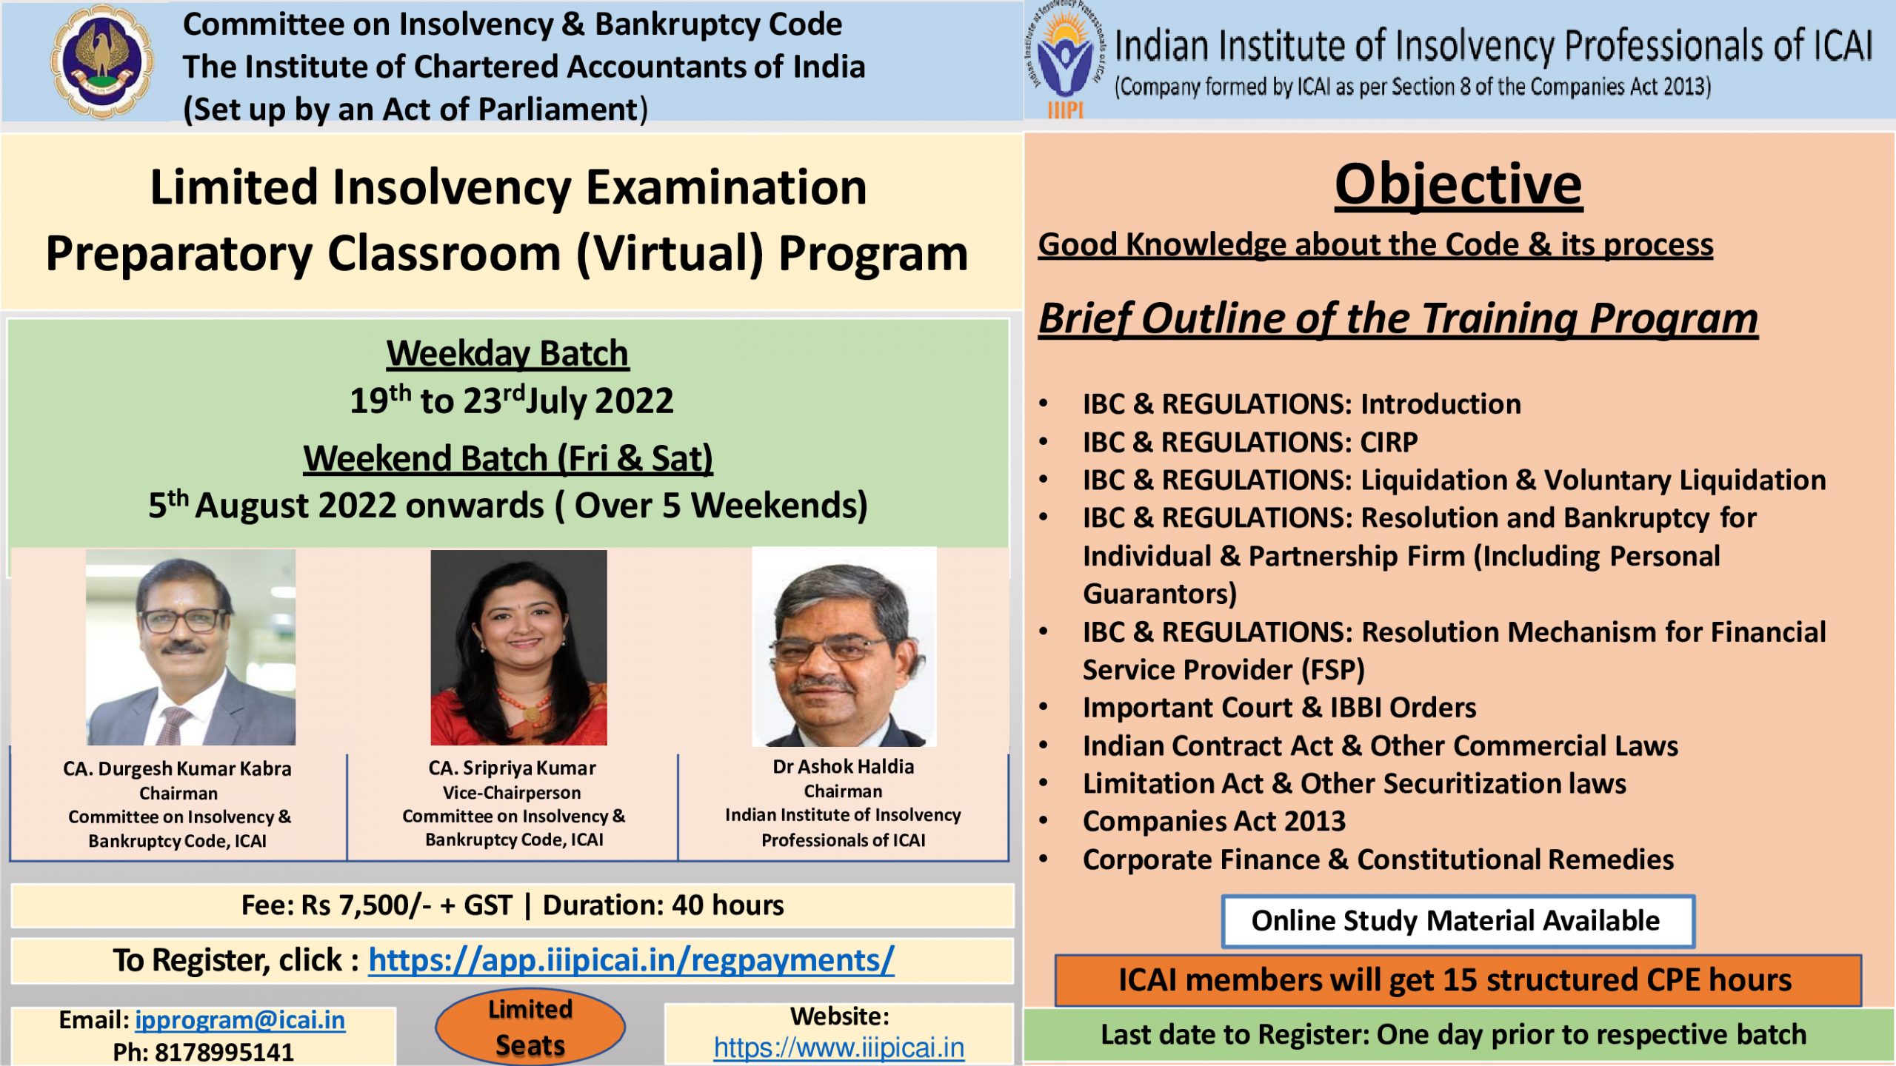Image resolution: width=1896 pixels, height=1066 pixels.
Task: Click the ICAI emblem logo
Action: click(x=102, y=61)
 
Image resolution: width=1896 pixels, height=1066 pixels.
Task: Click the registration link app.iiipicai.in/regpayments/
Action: click(x=631, y=960)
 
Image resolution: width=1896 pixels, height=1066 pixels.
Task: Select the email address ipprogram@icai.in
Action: click(x=240, y=1020)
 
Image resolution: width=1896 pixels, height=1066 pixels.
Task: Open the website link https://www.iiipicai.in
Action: click(x=839, y=1047)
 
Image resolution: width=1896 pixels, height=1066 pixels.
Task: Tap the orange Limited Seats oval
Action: click(x=530, y=1028)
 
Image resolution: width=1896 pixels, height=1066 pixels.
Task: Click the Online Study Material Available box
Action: click(x=1458, y=921)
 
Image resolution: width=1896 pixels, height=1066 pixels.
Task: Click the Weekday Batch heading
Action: click(x=507, y=353)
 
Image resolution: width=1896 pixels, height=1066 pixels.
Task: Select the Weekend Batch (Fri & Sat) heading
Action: click(x=508, y=458)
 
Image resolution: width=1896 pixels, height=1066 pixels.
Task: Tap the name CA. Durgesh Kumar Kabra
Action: click(x=177, y=768)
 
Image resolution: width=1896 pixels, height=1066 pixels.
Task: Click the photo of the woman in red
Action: click(x=518, y=647)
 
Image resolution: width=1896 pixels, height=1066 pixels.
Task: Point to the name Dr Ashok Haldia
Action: click(x=844, y=766)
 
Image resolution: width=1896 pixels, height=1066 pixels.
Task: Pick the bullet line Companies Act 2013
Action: click(x=1214, y=821)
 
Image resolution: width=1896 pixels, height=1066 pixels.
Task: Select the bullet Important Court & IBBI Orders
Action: click(x=1279, y=708)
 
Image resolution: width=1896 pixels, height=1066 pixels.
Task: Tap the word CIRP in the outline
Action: click(x=1389, y=442)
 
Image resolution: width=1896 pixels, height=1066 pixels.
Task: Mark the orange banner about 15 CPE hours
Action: click(x=1458, y=980)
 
